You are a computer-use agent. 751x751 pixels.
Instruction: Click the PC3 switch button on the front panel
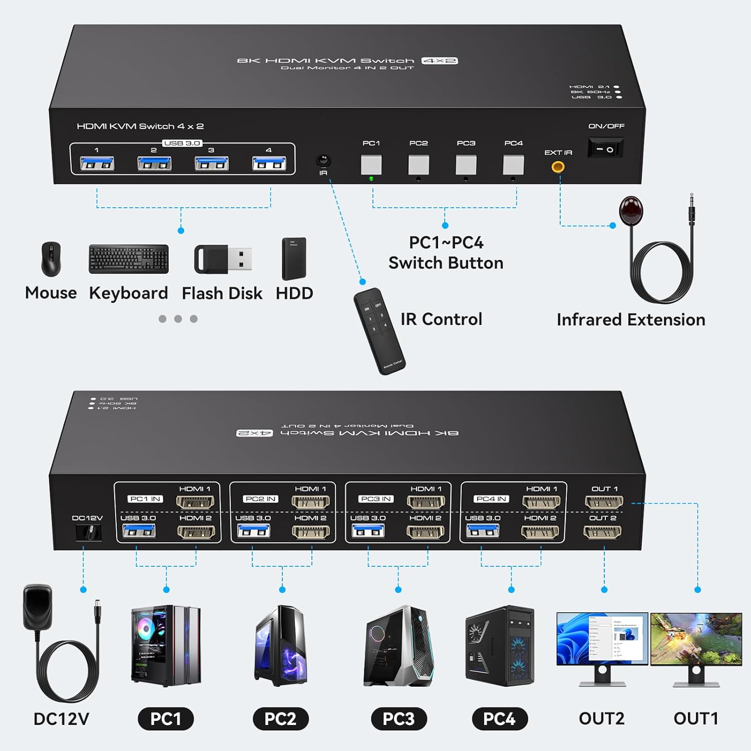pyautogui.click(x=466, y=165)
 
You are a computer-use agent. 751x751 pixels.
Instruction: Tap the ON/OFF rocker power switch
pyautogui.click(x=605, y=149)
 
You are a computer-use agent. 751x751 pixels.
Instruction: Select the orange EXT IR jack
pyautogui.click(x=558, y=167)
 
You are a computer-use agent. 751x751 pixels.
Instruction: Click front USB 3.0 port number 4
pyautogui.click(x=269, y=163)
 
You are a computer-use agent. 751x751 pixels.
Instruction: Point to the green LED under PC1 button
pyautogui.click(x=371, y=179)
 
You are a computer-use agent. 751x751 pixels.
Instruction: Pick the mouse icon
pyautogui.click(x=51, y=259)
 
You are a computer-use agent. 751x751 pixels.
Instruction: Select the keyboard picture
pyautogui.click(x=129, y=259)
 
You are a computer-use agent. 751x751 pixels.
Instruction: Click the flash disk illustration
pyautogui.click(x=223, y=259)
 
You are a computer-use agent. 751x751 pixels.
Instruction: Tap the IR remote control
pyautogui.click(x=379, y=330)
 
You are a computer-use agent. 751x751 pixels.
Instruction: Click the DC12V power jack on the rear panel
pyautogui.click(x=89, y=532)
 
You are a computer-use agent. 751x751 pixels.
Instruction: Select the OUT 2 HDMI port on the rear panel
pyautogui.click(x=603, y=532)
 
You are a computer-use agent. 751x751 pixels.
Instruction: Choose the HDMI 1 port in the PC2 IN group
pyautogui.click(x=310, y=501)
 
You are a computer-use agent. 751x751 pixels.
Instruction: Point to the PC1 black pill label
pyautogui.click(x=166, y=719)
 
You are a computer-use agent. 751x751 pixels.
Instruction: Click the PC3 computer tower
pyautogui.click(x=399, y=646)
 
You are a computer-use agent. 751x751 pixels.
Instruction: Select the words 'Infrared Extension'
pyautogui.click(x=631, y=319)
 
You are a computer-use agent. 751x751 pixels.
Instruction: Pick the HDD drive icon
pyautogui.click(x=294, y=259)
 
